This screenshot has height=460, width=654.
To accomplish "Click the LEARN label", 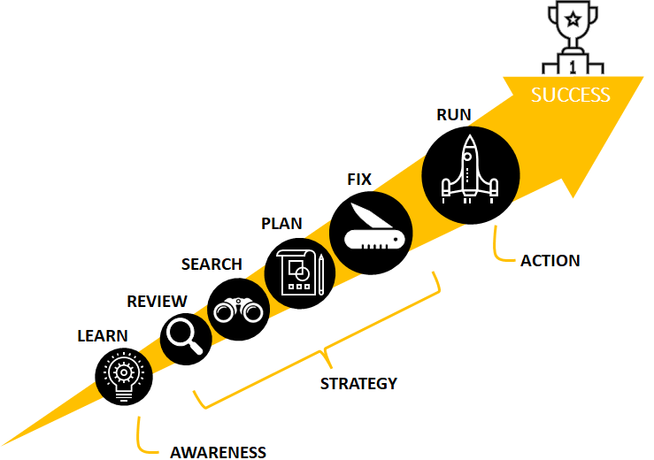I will click(103, 335).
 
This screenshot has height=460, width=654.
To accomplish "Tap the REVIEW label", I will click(157, 301).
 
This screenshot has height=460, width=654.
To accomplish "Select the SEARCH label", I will click(212, 264).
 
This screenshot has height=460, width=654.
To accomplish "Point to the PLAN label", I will click(281, 223).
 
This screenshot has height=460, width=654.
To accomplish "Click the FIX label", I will click(358, 179).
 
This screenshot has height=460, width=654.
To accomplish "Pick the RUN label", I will click(454, 114).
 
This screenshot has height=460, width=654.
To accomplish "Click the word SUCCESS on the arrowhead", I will click(571, 95).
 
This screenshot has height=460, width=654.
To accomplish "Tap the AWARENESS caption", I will click(218, 452).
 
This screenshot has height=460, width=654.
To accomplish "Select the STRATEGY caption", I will click(358, 383).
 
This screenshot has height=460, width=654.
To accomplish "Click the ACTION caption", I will click(550, 260).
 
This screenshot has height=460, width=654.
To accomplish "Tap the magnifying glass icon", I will click(186, 337).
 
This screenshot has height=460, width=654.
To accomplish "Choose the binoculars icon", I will click(236, 310).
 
